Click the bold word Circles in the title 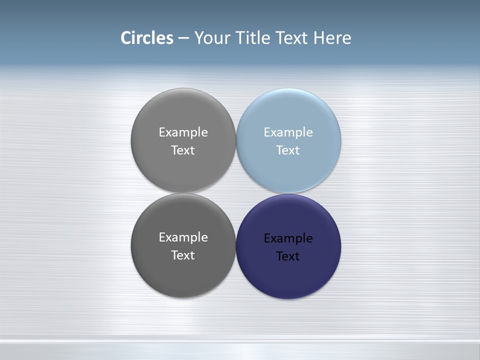(147, 38)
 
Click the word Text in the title (292, 38)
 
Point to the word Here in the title (332, 38)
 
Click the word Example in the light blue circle (288, 132)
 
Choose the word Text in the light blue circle (288, 150)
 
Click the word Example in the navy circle (288, 238)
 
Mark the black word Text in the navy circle (288, 256)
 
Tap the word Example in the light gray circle (183, 132)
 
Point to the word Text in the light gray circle (183, 150)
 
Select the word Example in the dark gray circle (183, 237)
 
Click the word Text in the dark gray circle (183, 255)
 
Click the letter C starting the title (126, 38)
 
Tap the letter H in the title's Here (319, 38)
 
